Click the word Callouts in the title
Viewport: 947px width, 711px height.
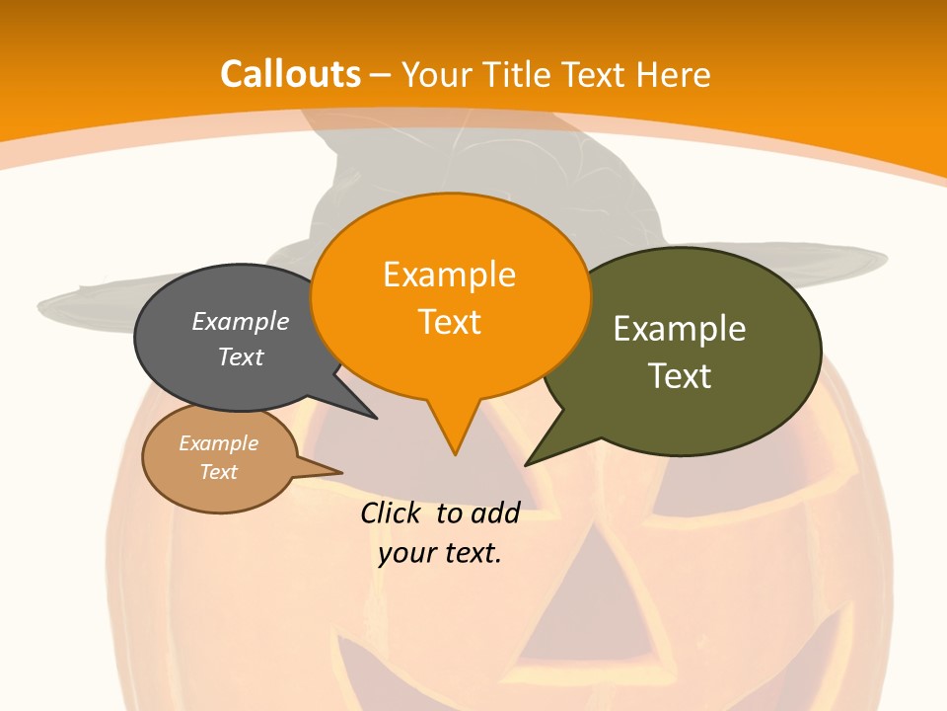(290, 74)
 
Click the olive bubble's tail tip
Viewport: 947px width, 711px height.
(527, 464)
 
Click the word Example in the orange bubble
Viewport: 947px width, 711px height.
(449, 274)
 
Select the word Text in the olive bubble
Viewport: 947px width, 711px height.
(680, 375)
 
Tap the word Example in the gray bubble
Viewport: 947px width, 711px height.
(241, 321)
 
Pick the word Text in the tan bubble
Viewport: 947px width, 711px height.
(219, 472)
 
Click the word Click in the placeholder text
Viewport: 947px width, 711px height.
(391, 513)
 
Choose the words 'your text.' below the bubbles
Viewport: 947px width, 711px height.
(440, 553)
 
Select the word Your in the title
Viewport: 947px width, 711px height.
(439, 74)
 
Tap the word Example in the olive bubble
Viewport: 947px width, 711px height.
(680, 328)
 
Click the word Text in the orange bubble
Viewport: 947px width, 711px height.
(450, 322)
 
